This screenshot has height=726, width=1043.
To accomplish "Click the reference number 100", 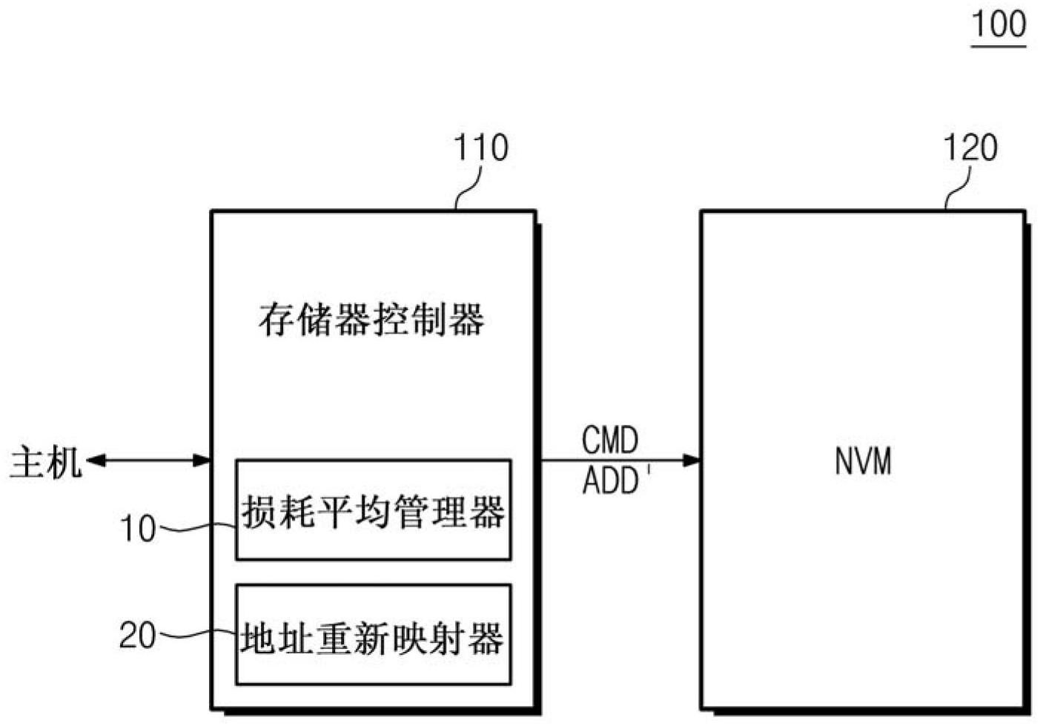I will pos(998,24).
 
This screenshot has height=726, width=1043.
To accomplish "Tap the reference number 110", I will pos(480,148).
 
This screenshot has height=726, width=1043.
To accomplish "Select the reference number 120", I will pos(970,148).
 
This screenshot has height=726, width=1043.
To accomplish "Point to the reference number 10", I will pos(138,529).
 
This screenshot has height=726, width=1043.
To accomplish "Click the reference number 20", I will pos(138,636).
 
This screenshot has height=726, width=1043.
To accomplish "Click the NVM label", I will pos(863,461).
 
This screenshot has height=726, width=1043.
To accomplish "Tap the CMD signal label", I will pos(609,440).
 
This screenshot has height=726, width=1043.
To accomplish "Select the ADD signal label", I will pos(611,481).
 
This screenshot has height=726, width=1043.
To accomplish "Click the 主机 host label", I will pos(44,463).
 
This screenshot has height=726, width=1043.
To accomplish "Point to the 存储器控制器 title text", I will pos(372,320).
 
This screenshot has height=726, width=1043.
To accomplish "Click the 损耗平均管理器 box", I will pos(373,509).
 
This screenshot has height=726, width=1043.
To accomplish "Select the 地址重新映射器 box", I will pos(373,634).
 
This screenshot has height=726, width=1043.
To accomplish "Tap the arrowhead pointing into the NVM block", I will pos(692,461).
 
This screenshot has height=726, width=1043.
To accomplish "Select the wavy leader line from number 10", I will pos(196,529).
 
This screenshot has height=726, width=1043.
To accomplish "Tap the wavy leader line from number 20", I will pos(196,635).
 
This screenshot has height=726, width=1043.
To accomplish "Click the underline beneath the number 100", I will pos(998,45).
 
